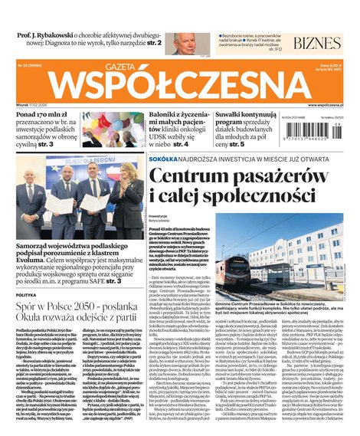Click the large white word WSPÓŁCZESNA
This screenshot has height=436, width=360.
(178, 86)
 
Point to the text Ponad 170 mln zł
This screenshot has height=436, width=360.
(44, 115)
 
